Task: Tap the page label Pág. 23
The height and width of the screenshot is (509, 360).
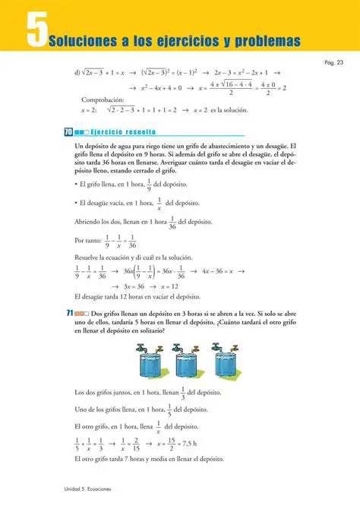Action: [334, 62]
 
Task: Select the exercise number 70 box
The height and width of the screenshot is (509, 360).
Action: [69, 131]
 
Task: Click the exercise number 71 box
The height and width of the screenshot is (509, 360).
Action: [69, 313]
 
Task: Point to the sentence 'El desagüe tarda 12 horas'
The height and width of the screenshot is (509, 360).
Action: [137, 297]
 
